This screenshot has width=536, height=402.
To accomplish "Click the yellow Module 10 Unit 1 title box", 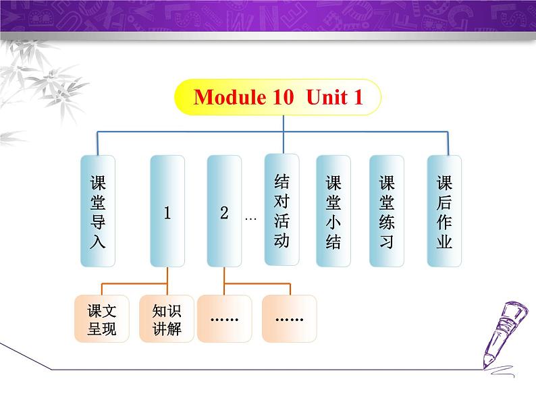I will coord(277,98).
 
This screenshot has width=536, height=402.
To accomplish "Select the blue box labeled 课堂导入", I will coord(98,211).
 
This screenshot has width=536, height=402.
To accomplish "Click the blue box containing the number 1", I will coord(167,211).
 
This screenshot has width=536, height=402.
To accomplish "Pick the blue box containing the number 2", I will coord(224,211).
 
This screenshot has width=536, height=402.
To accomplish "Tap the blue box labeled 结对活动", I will coord(282,210).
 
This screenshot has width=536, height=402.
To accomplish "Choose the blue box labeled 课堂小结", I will coord(333,211).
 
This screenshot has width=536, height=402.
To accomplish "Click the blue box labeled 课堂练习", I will coord(387,211).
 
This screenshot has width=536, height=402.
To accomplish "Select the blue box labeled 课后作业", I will coord(444,211).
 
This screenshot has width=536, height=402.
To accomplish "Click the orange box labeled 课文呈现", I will coord(102,319).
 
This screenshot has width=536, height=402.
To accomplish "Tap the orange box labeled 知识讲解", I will coord(167,319).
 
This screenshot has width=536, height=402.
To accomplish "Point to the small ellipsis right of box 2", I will coord(251,219).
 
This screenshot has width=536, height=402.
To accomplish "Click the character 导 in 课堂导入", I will coord(98,221).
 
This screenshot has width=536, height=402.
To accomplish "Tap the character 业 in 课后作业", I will coord(444,241).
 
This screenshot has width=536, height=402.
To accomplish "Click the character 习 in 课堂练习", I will coord(387,241).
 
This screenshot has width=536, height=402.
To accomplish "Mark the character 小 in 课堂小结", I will coord(333,221).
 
